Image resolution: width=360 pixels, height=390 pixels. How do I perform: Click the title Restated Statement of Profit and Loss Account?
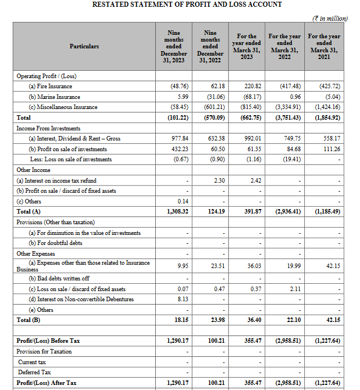(187, 4)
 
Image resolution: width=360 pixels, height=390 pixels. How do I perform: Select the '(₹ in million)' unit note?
(330, 19)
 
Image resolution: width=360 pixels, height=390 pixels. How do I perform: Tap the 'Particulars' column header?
(84, 46)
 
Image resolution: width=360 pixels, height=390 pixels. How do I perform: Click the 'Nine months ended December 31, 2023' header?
(173, 46)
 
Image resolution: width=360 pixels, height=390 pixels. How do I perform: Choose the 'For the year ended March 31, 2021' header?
(324, 46)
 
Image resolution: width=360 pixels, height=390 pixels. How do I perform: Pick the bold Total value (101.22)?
(177, 117)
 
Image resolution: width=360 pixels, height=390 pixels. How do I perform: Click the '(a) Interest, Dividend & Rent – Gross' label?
(74, 139)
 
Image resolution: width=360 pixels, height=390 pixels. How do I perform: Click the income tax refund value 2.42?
(253, 180)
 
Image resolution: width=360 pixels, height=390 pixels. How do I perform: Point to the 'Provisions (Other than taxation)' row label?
(56, 222)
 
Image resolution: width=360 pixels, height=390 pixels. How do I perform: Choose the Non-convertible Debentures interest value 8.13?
(181, 299)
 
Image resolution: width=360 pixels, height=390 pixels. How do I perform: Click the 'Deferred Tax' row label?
(35, 372)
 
